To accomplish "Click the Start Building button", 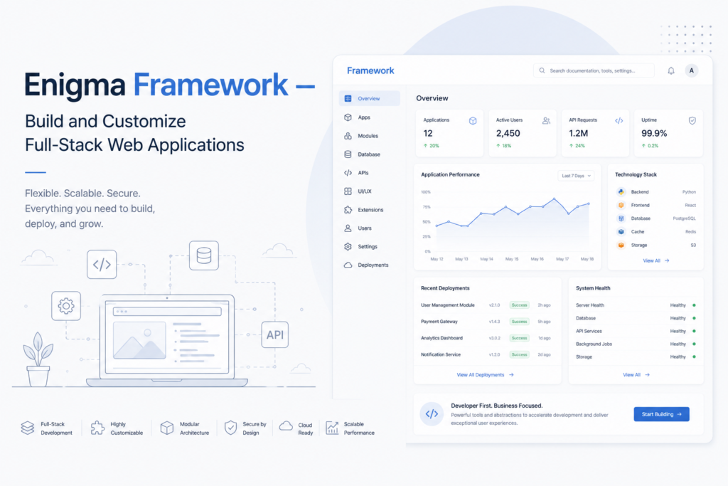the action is click(661, 414).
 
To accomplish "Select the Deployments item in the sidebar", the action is click(367, 265).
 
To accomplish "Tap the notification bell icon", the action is click(671, 70).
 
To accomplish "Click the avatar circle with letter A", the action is click(691, 70).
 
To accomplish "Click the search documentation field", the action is click(594, 70).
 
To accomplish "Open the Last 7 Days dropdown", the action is click(576, 176).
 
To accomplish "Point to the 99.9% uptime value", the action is click(654, 133).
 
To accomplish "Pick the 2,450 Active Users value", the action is click(508, 133).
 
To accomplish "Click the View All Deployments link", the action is click(485, 375).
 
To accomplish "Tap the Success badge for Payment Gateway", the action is click(519, 322).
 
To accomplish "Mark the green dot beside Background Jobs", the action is click(694, 344).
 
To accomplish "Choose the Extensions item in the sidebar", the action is click(364, 209).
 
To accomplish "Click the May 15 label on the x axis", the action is click(512, 259).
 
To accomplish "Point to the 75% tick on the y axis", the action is click(427, 207).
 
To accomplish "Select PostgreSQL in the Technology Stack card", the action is click(684, 218).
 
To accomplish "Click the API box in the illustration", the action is click(275, 334).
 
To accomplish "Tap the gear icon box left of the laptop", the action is click(66, 306).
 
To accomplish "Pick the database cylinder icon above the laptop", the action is click(204, 255).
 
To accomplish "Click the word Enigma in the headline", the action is click(75, 85).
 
